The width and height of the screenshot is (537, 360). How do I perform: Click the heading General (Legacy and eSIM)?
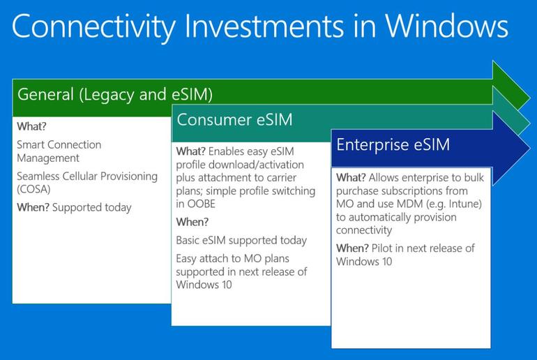115,94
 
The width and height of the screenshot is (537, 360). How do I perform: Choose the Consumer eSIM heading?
234,119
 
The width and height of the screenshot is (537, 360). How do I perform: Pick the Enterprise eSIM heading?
393,144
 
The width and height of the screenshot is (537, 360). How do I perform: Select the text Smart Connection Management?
59,151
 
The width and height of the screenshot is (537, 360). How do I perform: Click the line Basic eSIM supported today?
241,240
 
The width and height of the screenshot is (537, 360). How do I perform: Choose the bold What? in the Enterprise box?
352,177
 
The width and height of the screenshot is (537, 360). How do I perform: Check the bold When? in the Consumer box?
192,222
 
